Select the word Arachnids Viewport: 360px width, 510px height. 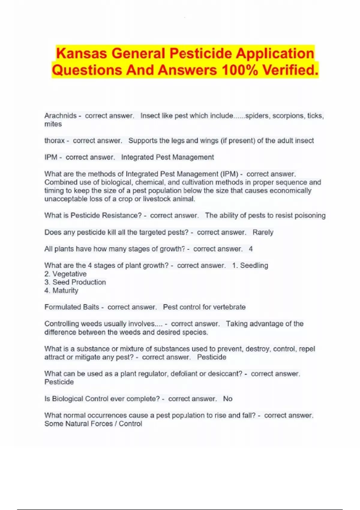point(61,116)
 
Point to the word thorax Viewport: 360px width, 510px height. point(54,141)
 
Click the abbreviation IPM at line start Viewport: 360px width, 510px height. point(51,157)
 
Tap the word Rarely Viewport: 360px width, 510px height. point(263,232)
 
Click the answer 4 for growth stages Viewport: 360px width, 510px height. point(251,249)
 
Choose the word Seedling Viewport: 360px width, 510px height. point(254,265)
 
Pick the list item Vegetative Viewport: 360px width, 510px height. point(69,274)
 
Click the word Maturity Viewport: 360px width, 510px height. point(65,290)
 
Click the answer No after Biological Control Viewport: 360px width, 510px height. point(228,399)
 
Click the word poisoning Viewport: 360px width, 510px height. point(310,216)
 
